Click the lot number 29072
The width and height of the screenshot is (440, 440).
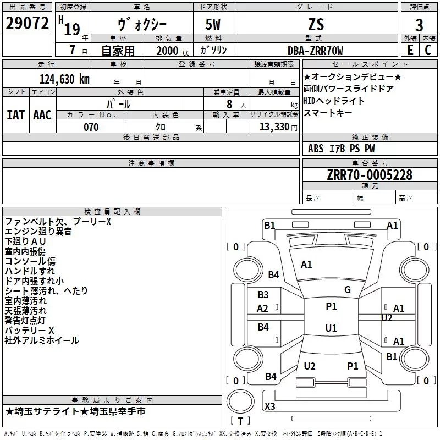27,23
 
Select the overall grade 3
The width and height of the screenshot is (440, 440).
419,25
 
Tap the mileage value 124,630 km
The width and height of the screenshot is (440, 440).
64,79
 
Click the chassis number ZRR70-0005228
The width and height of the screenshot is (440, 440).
370,175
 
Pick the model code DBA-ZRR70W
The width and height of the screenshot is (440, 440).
315,51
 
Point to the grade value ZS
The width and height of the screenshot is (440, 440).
316,24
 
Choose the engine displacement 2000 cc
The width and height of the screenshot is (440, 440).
173,51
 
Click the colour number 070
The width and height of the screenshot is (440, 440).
91,127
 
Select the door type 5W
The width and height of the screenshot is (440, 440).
213,24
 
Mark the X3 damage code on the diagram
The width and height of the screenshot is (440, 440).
269,406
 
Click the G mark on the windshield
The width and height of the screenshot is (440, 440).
348,290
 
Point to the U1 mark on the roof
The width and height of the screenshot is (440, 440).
331,328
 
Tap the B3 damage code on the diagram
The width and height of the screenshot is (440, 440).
263,295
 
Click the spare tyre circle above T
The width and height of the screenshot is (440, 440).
240,401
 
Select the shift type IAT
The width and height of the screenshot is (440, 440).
16,115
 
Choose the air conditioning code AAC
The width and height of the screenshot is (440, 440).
42,115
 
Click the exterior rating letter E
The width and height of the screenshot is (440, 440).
410,50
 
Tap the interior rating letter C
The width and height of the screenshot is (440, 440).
428,50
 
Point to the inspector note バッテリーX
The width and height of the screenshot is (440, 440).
29,331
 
